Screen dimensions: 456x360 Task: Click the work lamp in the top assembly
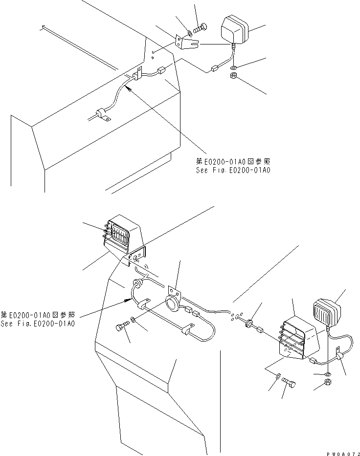click(236, 30)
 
